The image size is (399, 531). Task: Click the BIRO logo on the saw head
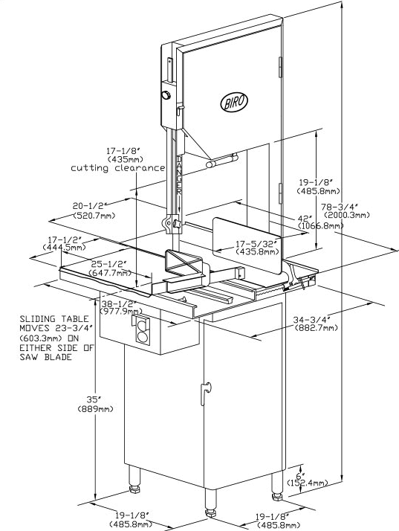234,101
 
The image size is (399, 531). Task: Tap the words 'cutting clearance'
118,168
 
